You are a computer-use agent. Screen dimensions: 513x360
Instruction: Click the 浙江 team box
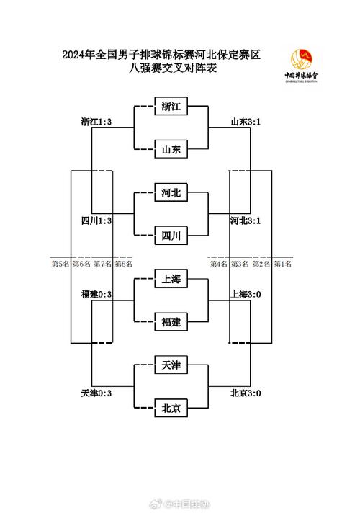[171, 107]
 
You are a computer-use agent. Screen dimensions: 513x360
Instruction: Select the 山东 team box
[171, 149]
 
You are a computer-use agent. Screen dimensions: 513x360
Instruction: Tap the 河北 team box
[171, 192]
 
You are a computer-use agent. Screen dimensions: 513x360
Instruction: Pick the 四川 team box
[171, 235]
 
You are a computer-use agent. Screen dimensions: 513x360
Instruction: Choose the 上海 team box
[171, 280]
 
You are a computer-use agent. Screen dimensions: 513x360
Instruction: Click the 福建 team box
[171, 322]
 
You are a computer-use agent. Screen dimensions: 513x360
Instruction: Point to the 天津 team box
[171, 366]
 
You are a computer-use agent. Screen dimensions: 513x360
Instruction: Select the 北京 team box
[171, 409]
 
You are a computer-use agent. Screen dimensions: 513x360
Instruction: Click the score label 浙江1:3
[96, 122]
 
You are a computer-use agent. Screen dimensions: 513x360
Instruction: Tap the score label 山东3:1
[246, 122]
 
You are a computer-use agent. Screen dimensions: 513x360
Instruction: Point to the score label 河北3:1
[246, 220]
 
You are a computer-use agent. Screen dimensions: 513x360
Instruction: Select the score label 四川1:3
[96, 220]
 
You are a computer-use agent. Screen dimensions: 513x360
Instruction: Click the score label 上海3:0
[246, 294]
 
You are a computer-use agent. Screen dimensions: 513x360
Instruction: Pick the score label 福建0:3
[96, 294]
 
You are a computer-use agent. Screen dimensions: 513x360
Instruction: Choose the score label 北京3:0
[246, 393]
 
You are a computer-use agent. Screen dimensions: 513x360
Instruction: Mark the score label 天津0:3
[96, 393]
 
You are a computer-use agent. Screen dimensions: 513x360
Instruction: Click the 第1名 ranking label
[283, 264]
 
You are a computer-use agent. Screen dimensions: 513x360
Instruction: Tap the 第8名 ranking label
[123, 264]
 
